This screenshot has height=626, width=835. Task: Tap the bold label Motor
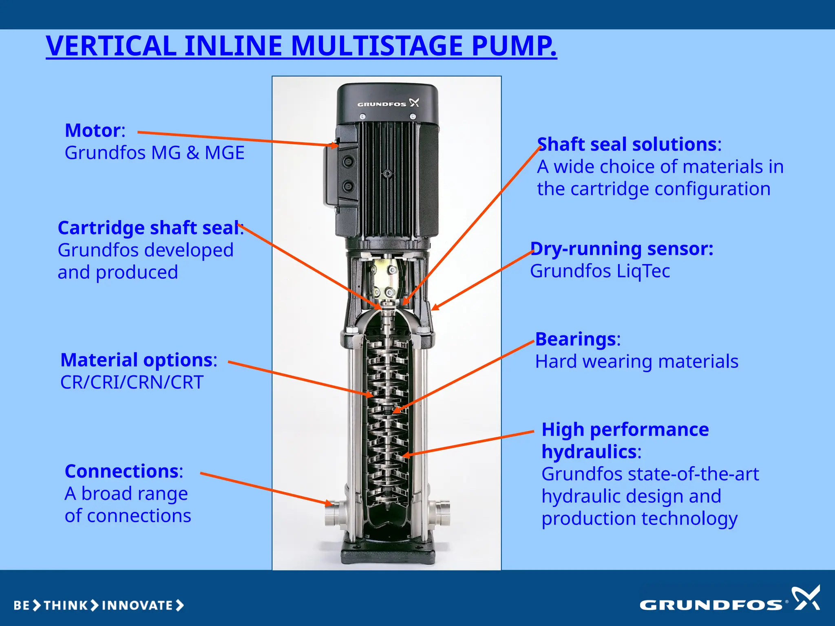[x=93, y=131]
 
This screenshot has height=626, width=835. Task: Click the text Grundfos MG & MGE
[x=154, y=153]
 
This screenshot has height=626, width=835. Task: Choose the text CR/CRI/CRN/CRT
[x=132, y=382]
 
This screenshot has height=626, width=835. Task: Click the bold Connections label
[x=121, y=472]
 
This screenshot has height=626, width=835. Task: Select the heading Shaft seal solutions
[x=627, y=144]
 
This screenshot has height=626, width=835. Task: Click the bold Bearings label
[x=575, y=339]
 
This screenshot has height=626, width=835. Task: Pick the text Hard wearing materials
[x=636, y=361]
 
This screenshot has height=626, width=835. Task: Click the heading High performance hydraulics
[x=625, y=441]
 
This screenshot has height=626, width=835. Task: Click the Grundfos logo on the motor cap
[x=388, y=103]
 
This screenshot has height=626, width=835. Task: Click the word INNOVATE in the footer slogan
[x=137, y=606]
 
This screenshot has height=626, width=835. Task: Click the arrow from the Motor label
[x=236, y=139]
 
